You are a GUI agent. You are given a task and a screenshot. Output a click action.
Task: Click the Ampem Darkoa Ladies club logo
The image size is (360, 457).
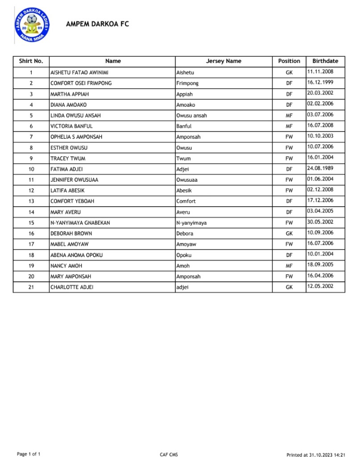[32, 25]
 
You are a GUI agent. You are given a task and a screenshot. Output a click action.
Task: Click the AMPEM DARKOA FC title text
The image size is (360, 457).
[97, 24]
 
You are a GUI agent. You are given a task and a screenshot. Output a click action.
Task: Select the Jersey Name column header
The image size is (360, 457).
[223, 61]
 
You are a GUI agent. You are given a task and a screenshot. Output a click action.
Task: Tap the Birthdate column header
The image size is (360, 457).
[325, 61]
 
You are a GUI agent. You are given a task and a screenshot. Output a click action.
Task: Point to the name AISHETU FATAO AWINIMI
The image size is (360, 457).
[80, 72]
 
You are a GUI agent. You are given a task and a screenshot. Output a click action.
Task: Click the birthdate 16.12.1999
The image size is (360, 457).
[320, 83]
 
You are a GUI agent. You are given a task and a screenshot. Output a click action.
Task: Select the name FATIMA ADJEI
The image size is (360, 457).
[66, 169]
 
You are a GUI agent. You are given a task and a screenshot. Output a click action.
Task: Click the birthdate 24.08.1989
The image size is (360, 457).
[320, 168]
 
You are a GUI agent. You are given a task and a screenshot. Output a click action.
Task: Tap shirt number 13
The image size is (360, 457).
[31, 201]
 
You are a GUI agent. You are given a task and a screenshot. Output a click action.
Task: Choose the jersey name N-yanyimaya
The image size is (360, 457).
[191, 223]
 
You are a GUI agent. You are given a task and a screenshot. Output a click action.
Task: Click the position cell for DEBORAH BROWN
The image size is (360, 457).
[289, 233]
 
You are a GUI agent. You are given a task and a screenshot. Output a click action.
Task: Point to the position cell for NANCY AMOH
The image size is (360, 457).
[289, 266]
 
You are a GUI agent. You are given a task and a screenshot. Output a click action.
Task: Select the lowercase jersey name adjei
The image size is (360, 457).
[182, 287]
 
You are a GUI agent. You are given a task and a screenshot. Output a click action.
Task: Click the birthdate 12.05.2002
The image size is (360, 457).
[320, 286]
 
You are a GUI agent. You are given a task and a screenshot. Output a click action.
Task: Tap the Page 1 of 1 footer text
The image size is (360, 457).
[29, 454]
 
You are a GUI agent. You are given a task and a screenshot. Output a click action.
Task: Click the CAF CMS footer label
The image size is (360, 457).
[169, 454]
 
